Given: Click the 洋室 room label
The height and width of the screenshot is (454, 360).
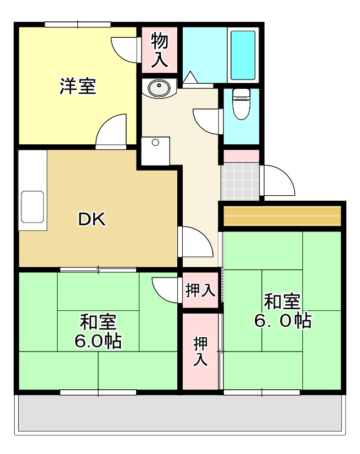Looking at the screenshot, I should coord(77,87).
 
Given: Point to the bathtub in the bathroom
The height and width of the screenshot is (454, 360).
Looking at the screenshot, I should coord(243,55).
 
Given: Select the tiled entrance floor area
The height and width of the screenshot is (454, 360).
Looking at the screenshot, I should coord(240,181).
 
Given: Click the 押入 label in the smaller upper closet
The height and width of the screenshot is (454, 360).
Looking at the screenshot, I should coord(200,291).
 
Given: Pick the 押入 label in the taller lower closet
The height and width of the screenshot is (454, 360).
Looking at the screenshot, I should coord(200,351).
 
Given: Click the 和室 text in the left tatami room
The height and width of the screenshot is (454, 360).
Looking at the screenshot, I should coord(98,321).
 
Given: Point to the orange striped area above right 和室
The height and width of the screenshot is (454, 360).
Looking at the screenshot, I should coord(282,215).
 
